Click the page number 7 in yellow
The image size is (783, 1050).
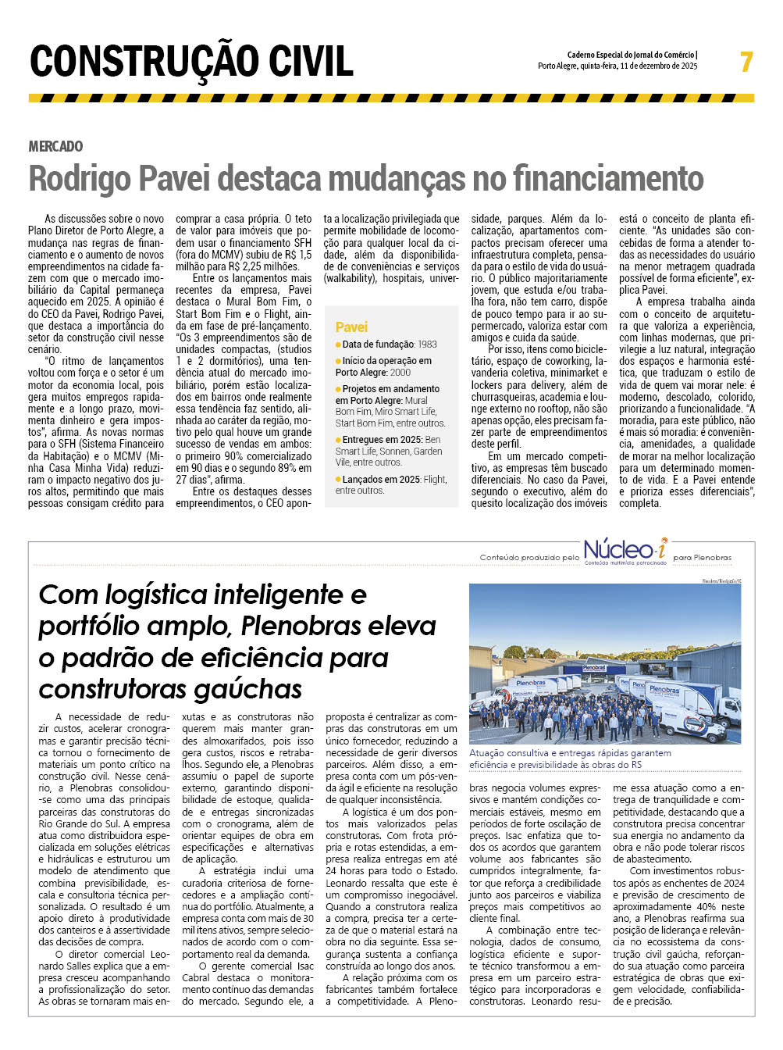click(x=746, y=62)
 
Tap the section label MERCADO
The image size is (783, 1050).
click(x=55, y=146)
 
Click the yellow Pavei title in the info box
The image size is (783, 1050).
click(x=351, y=327)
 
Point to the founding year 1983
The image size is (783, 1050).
click(x=427, y=345)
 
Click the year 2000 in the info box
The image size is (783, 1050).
click(x=400, y=373)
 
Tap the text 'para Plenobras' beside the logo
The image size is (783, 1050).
click(x=703, y=558)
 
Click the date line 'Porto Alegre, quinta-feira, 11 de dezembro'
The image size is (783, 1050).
click(x=617, y=66)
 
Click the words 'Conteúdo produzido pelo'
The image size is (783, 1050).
click(x=529, y=558)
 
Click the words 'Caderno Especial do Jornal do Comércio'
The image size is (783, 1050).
click(x=632, y=55)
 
